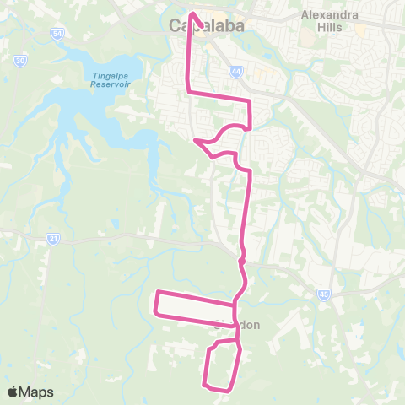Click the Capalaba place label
pyautogui.click(x=207, y=25)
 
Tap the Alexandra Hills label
pyautogui.click(x=330, y=20)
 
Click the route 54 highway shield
pyautogui.click(x=57, y=33)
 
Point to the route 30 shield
pyautogui.click(x=20, y=61)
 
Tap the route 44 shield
pyautogui.click(x=239, y=73)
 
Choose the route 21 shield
pyautogui.click(x=53, y=240)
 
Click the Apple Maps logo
pyautogui.click(x=30, y=391)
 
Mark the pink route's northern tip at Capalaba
pyautogui.click(x=192, y=13)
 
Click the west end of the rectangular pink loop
pyautogui.click(x=155, y=302)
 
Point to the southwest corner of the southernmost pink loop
pyautogui.click(x=206, y=385)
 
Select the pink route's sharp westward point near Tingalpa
pyautogui.click(x=195, y=140)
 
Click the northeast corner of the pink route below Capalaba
pyautogui.click(x=251, y=101)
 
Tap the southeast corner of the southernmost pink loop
pyautogui.click(x=231, y=389)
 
